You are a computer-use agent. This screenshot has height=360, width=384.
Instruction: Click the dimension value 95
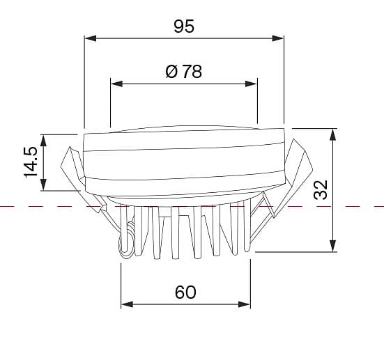coord(184,26)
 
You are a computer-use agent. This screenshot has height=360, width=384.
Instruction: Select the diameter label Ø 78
coord(184,72)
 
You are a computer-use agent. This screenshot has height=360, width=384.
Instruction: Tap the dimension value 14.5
coord(31,162)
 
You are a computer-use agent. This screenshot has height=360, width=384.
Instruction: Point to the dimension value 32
coord(321,189)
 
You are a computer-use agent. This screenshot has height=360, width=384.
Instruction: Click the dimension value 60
coord(185,292)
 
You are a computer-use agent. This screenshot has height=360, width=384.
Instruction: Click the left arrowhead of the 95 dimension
coord(91,38)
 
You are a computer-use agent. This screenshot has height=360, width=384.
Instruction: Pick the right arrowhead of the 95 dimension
coord(277,38)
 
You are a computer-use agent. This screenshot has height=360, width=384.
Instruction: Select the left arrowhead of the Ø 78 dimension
coord(116,84)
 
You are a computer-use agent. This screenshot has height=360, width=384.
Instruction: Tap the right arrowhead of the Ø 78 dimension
coord(251,84)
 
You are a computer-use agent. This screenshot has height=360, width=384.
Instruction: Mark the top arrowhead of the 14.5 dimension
coord(43,141)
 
